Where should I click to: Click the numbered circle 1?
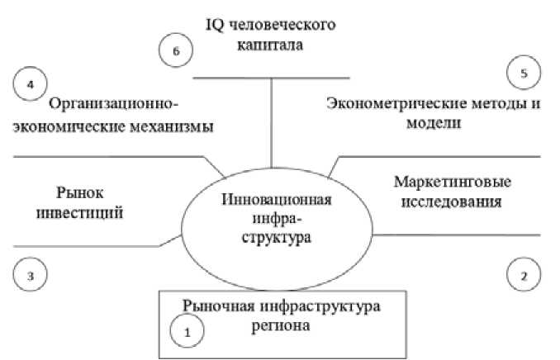pyautogui.click(x=186, y=332)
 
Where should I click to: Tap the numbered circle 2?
pyautogui.click(x=524, y=275)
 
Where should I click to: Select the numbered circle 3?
pyautogui.click(x=31, y=275)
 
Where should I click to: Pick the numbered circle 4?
pyautogui.click(x=31, y=83)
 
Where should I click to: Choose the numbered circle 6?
pyautogui.click(x=175, y=51)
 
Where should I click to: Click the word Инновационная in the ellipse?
pyautogui.click(x=277, y=201)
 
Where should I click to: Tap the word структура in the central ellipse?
pyautogui.click(x=277, y=238)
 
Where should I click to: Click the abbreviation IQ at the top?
pyautogui.click(x=216, y=25)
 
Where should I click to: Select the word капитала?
pyautogui.click(x=269, y=45)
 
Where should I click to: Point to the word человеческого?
pyautogui.click(x=283, y=25)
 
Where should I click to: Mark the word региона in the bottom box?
pyautogui.click(x=282, y=326)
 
